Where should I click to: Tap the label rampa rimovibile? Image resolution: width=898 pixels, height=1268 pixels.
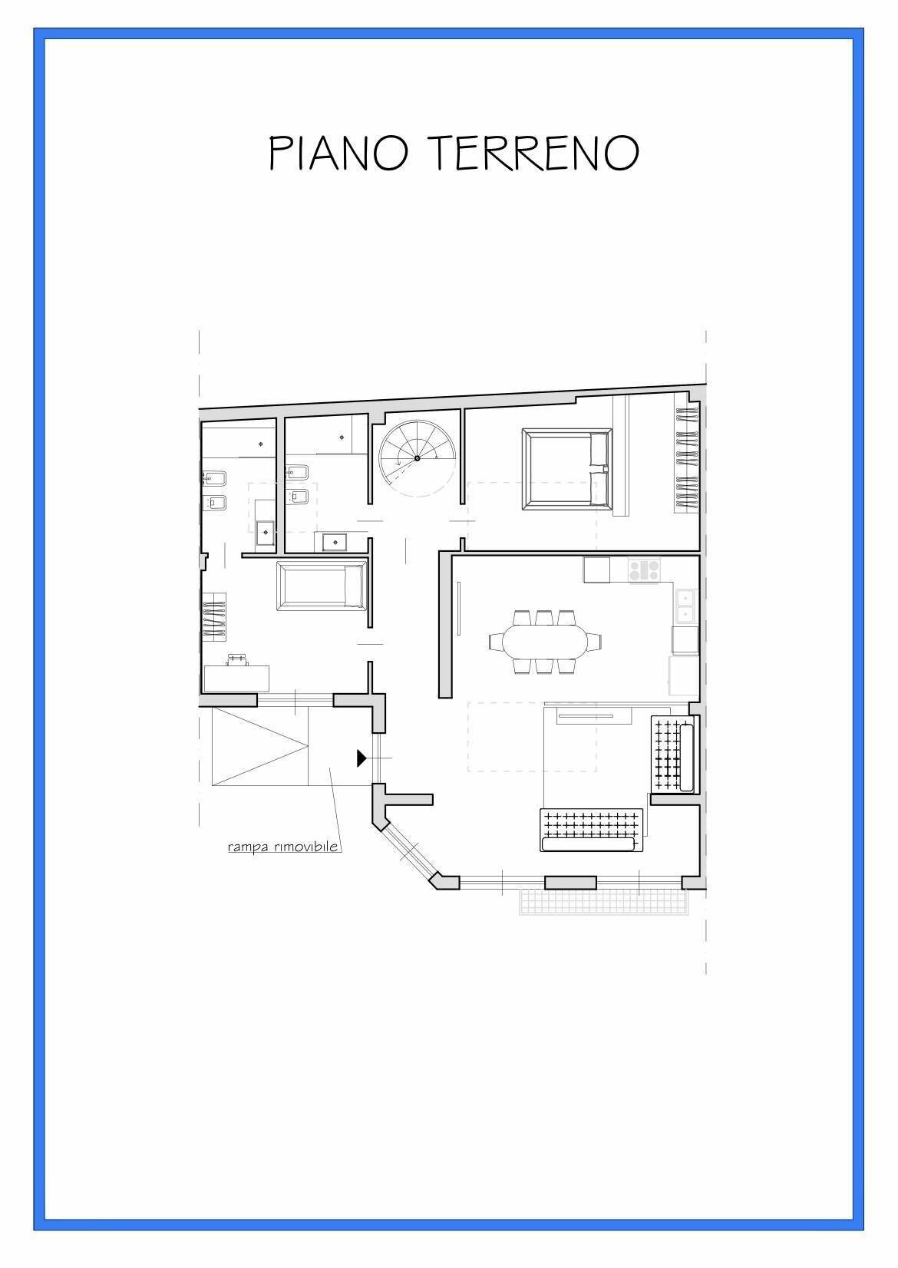tap(283, 847)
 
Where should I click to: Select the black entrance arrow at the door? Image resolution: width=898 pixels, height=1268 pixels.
tap(362, 758)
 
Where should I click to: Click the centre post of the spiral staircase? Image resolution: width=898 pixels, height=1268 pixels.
tap(417, 458)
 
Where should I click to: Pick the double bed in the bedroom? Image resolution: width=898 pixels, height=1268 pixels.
tap(566, 469)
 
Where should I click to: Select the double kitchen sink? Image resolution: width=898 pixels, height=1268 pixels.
tap(685, 605)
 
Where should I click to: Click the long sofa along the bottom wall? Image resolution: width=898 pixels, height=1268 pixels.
tap(589, 830)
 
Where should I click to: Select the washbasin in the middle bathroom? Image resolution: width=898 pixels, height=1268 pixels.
tap(335, 542)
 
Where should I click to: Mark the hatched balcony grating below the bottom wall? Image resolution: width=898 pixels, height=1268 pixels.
tap(603, 902)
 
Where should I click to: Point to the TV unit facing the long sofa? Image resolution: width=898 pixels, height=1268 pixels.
tap(591, 718)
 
